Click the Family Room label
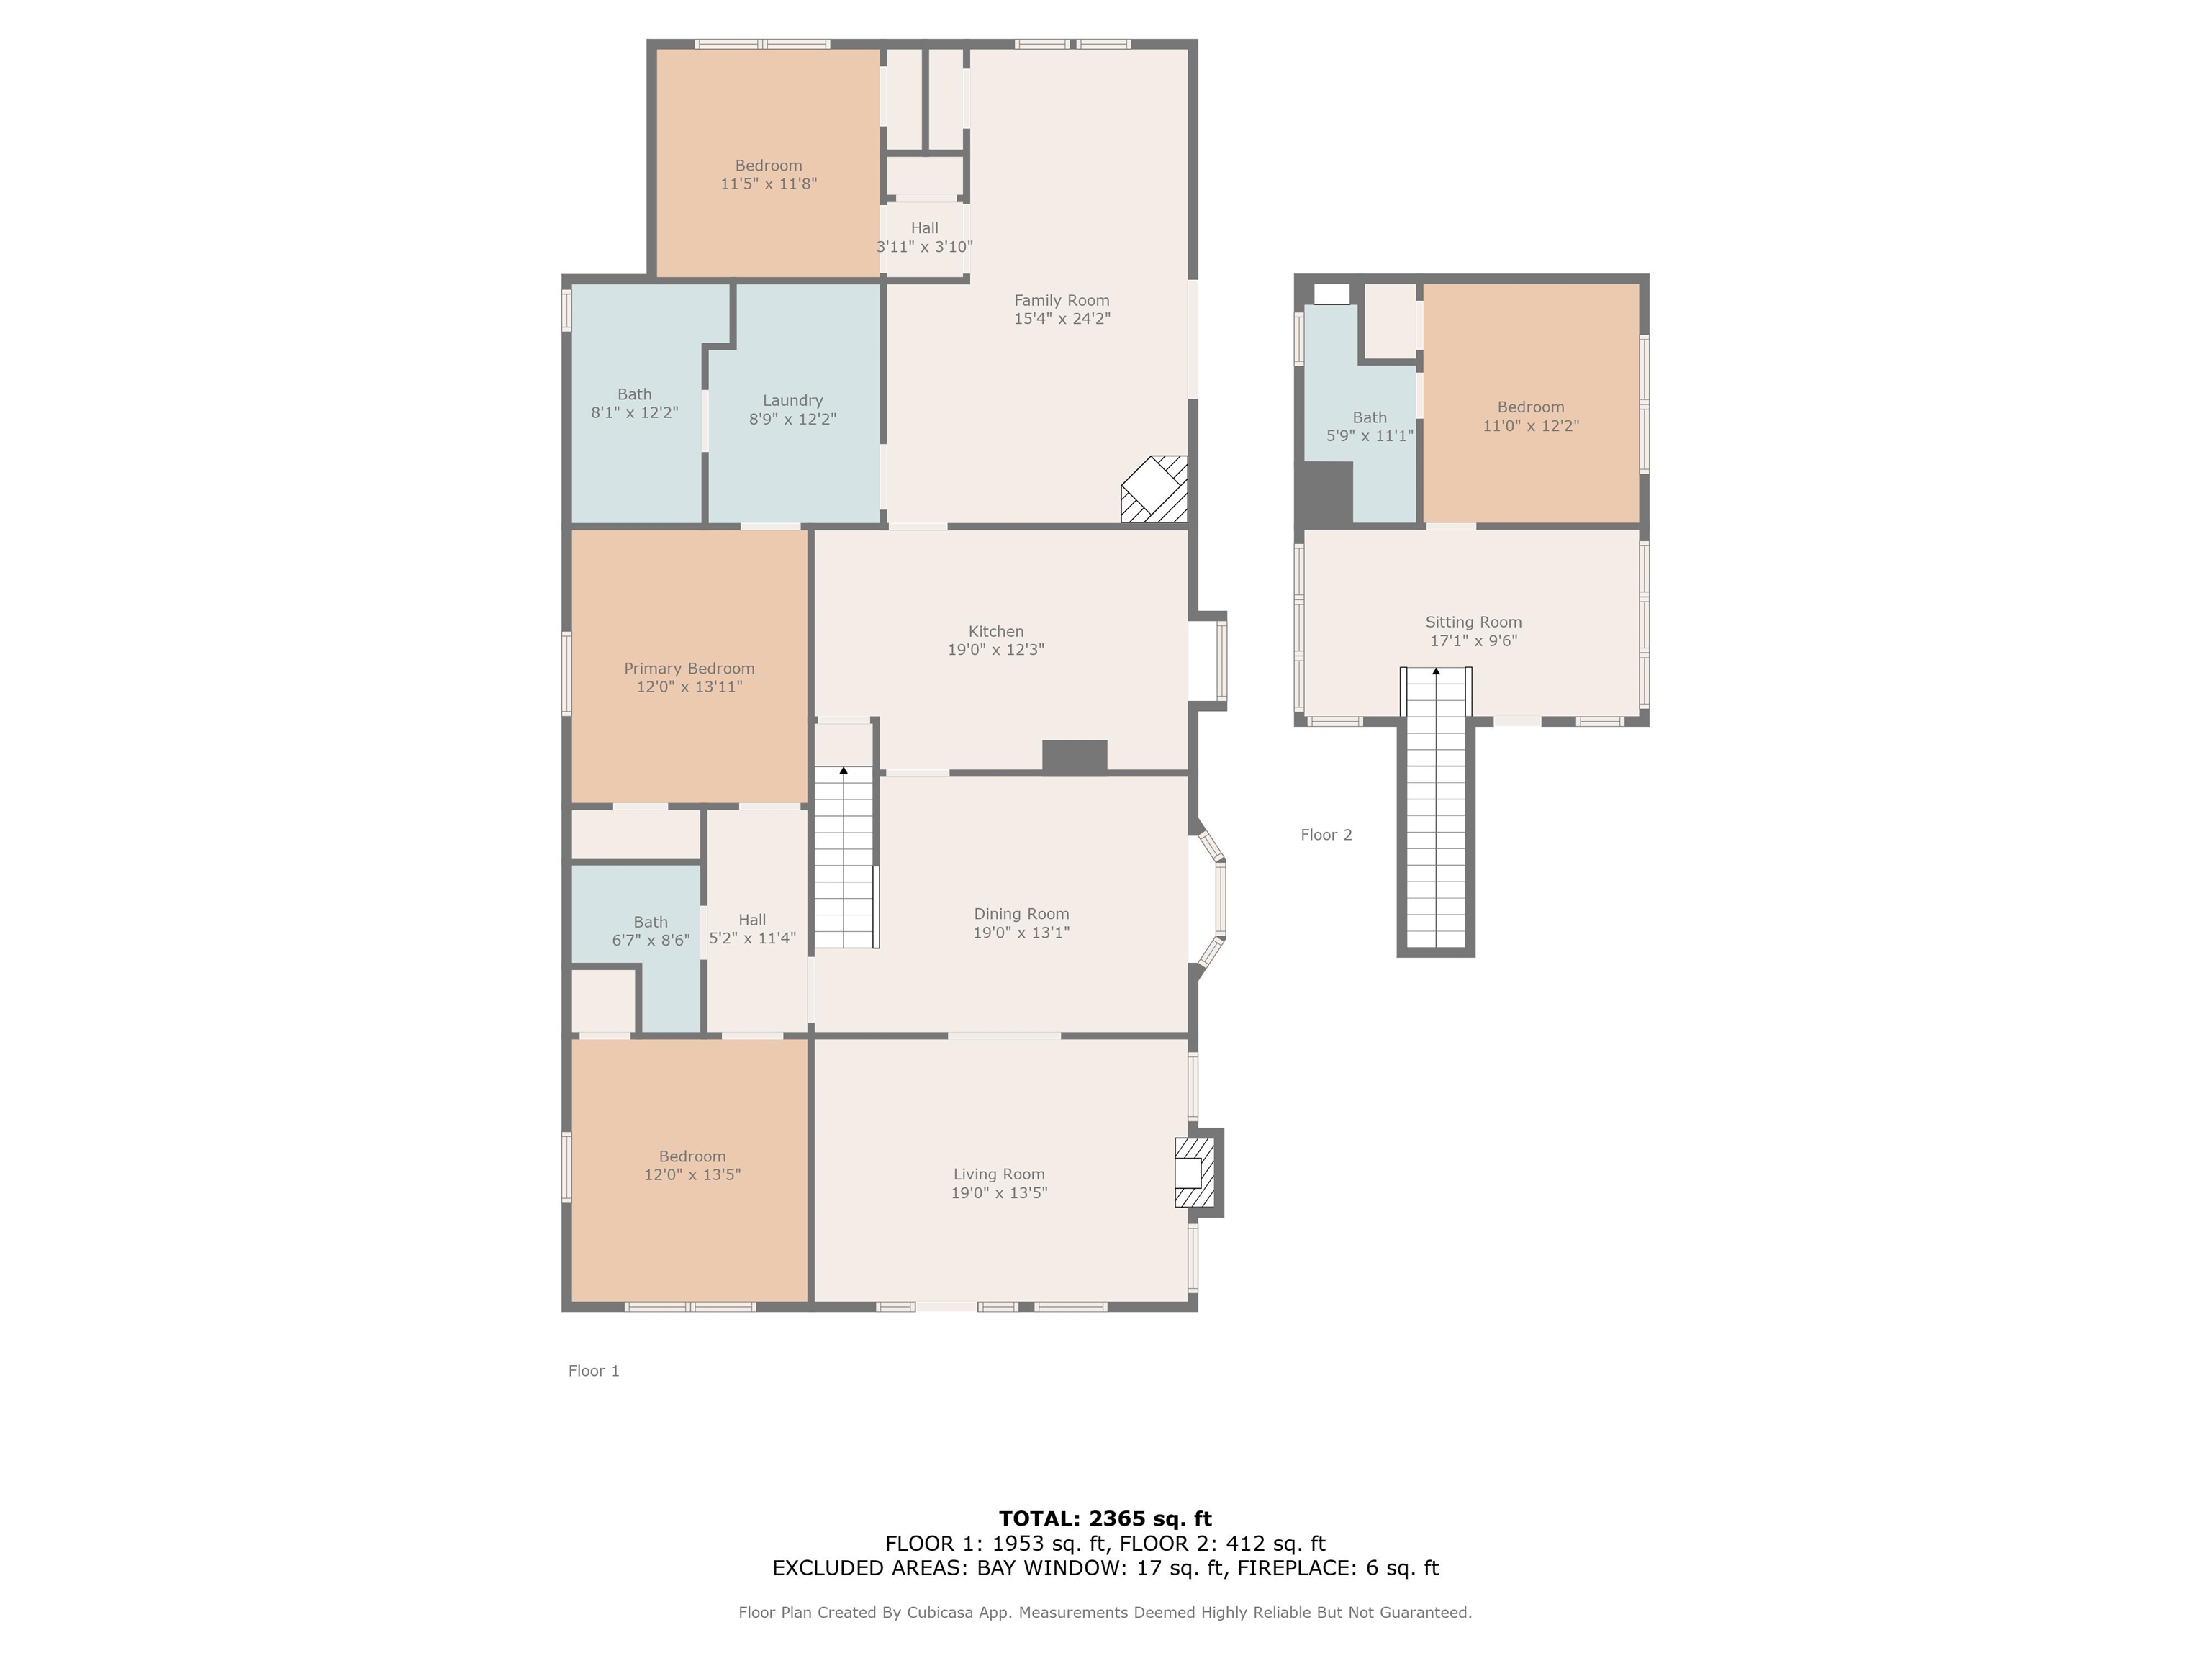click(1062, 300)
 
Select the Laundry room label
click(792, 401)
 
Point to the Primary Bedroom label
click(689, 669)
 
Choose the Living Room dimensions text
click(998, 1192)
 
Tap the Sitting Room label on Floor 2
click(1473, 622)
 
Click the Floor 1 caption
click(594, 1371)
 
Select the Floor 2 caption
click(1326, 835)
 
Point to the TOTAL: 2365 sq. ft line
click(1105, 1519)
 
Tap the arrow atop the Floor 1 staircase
click(844, 771)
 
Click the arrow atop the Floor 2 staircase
click(1437, 671)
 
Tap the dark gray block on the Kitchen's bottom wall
click(1075, 756)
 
